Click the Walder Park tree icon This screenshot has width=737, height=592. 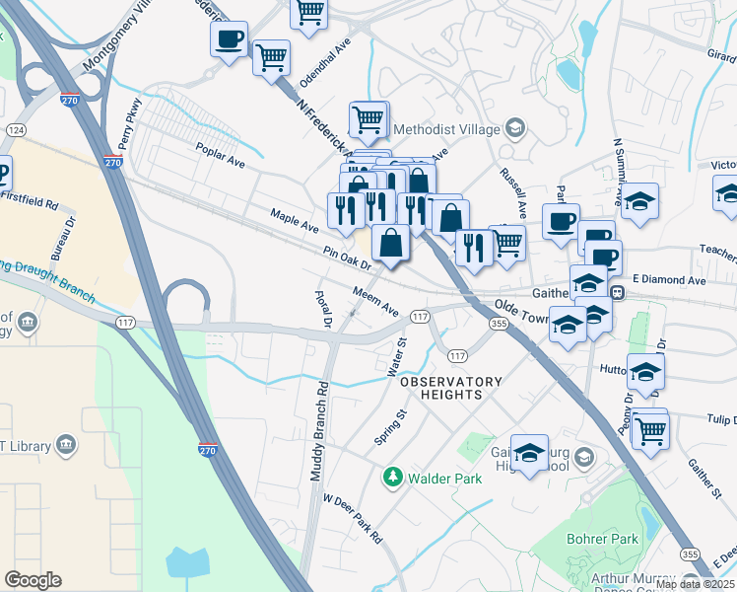pyautogui.click(x=393, y=479)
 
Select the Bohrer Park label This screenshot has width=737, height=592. pyautogui.click(x=602, y=539)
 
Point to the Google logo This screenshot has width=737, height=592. pyautogui.click(x=33, y=580)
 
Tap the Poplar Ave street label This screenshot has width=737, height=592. pyautogui.click(x=220, y=158)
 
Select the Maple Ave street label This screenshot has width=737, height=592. pyautogui.click(x=295, y=220)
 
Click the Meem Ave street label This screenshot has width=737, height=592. pyautogui.click(x=376, y=301)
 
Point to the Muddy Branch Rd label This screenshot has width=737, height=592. pyautogui.click(x=317, y=431)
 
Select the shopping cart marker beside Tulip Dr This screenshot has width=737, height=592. pyautogui.click(x=649, y=429)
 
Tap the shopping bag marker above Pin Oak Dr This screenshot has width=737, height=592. pyautogui.click(x=391, y=242)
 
